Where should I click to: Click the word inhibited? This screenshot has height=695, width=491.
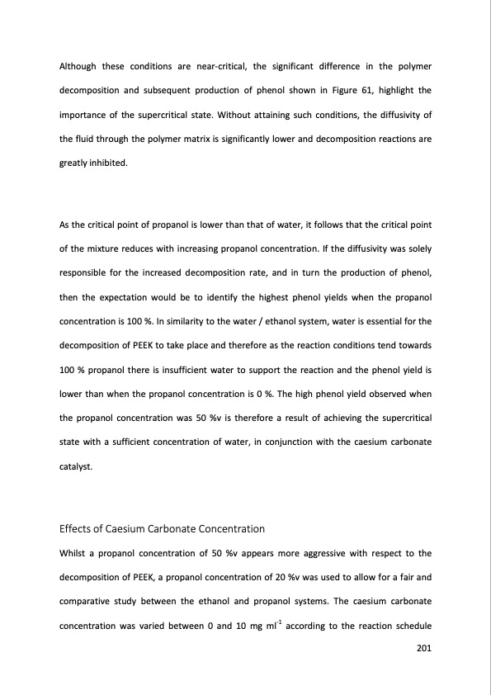109,163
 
